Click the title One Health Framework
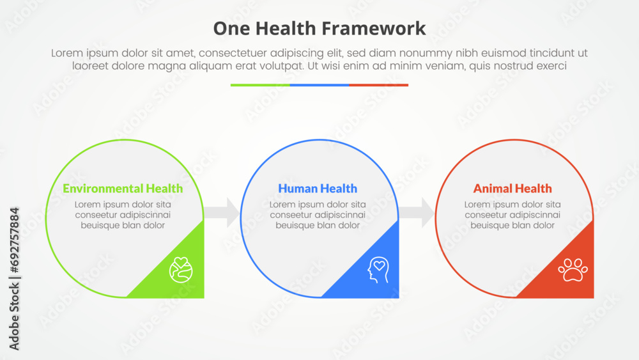[x=319, y=29]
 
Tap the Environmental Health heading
[x=123, y=189]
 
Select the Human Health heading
[x=318, y=189]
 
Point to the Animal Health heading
[x=512, y=189]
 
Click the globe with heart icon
[x=181, y=270]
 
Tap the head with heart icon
[x=378, y=270]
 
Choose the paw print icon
[x=573, y=270]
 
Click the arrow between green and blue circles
[x=222, y=212]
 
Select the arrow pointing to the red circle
[x=417, y=212]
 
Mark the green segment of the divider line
[x=260, y=85]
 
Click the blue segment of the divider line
[x=319, y=85]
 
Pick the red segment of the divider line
[x=378, y=85]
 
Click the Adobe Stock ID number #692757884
[x=14, y=240]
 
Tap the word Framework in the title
[x=374, y=29]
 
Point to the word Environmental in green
[x=102, y=189]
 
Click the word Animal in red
[x=491, y=189]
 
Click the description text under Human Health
[x=318, y=215]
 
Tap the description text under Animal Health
[x=512, y=215]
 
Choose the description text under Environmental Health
[x=123, y=215]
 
